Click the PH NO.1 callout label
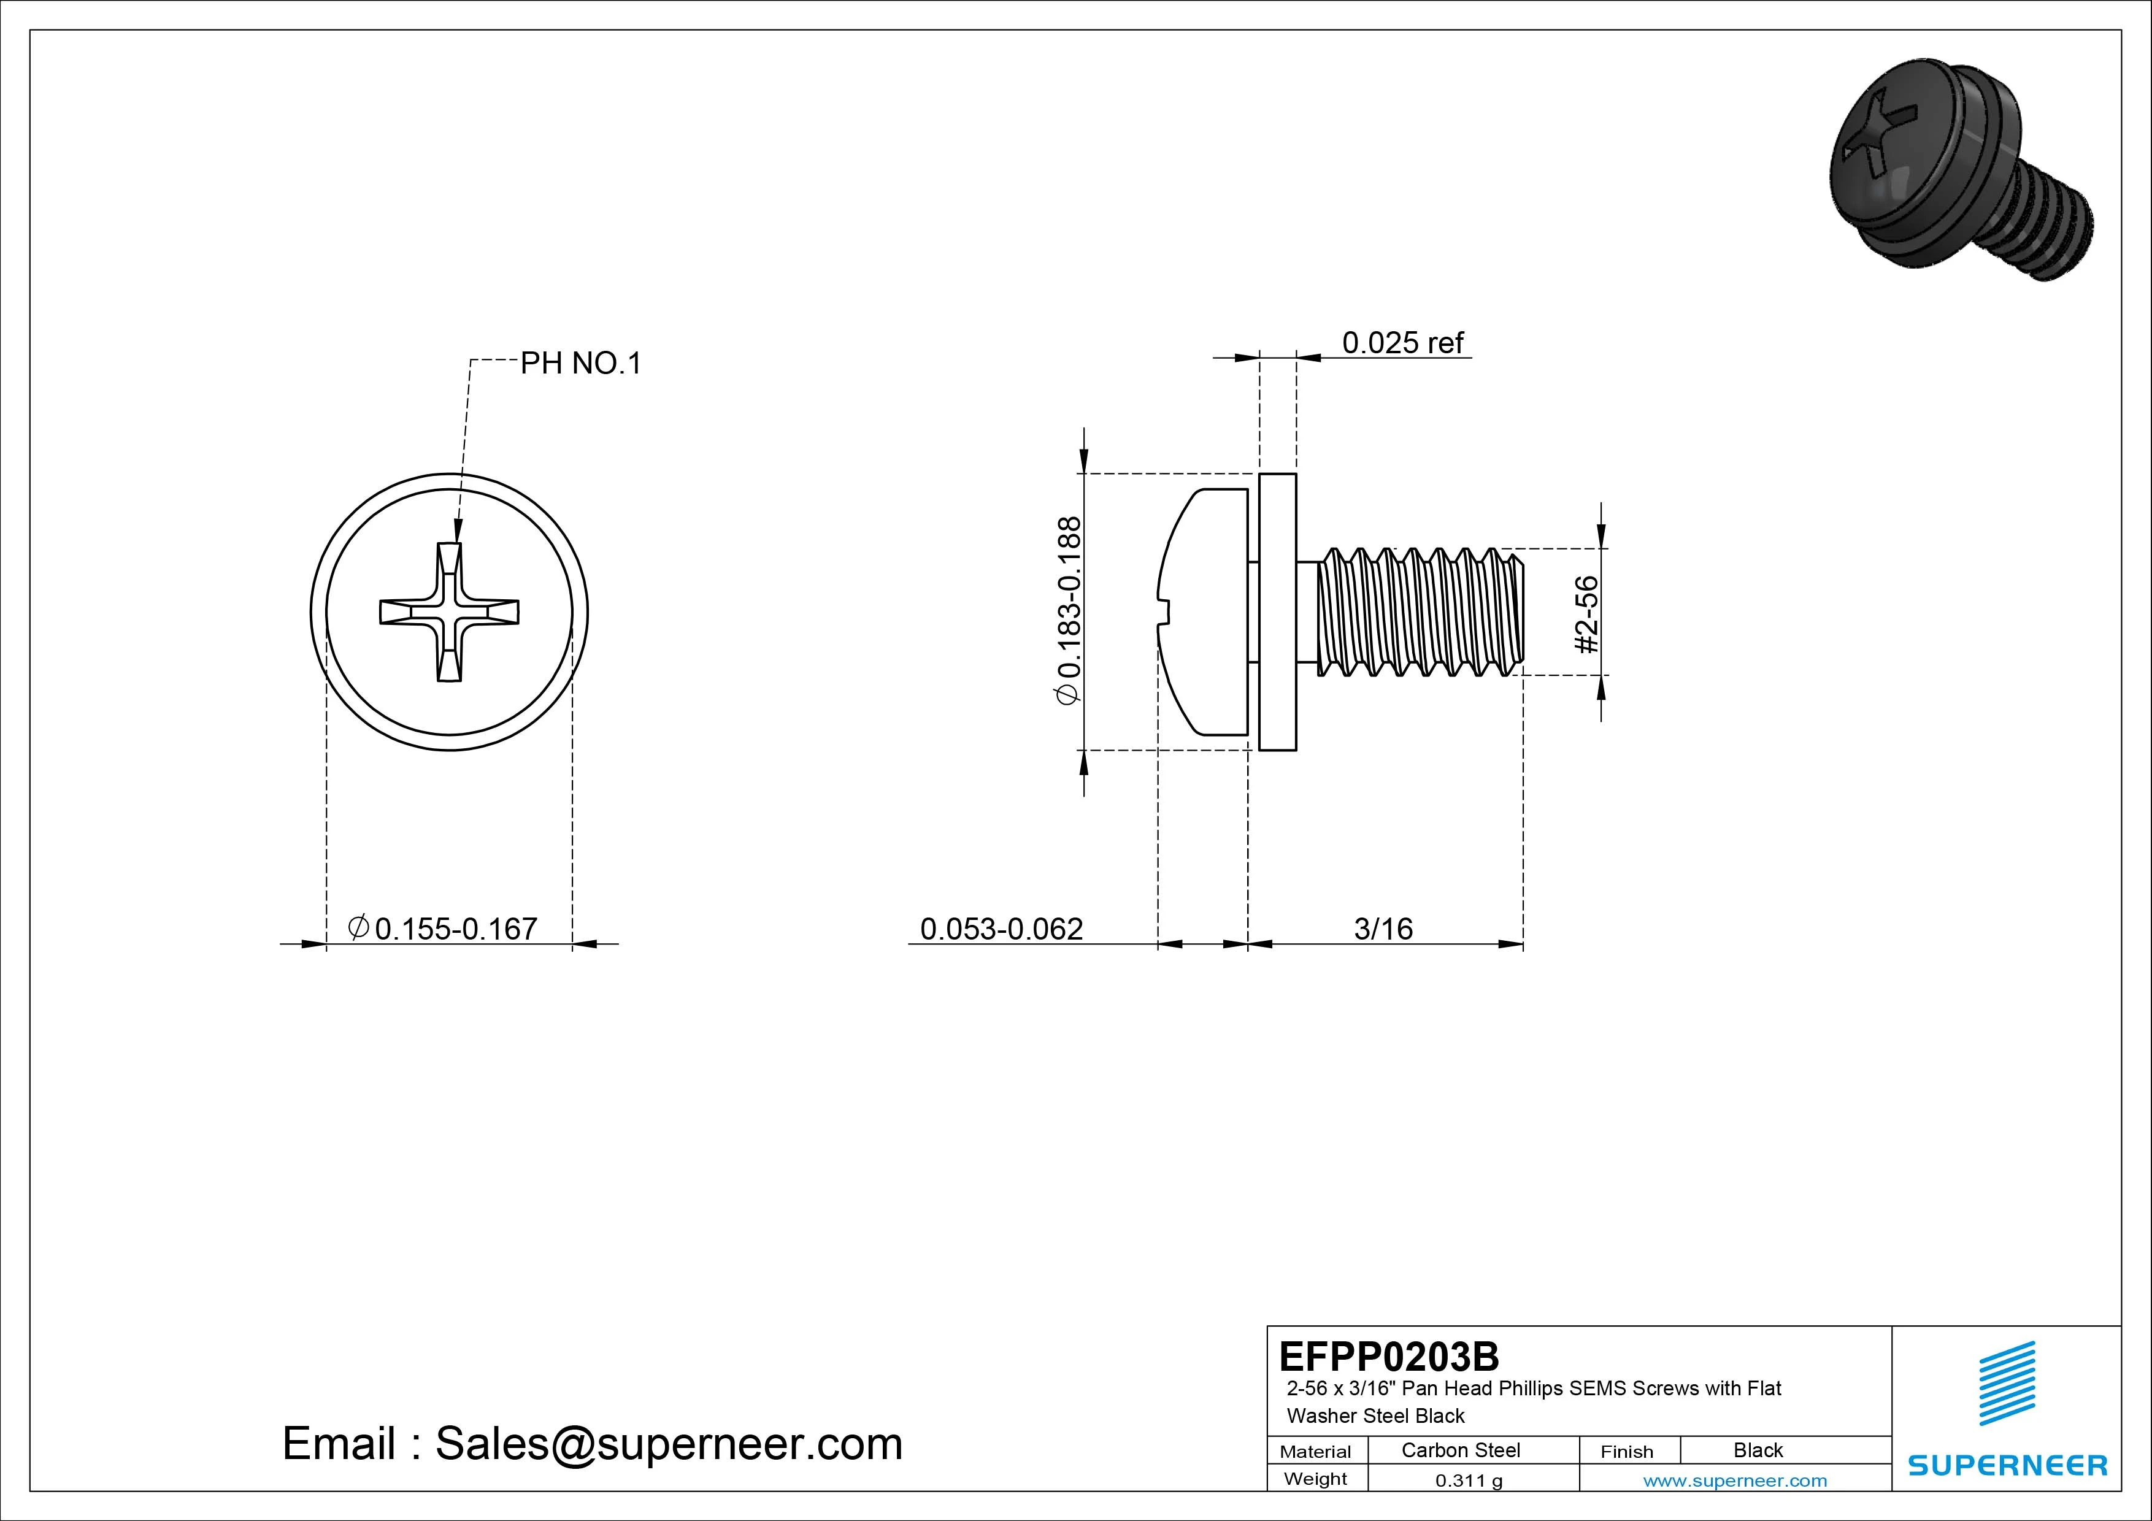coord(580,364)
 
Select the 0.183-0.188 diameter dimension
coord(1069,610)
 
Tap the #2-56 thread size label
coord(1586,614)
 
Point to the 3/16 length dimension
coord(1383,929)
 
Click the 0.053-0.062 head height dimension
coord(1001,929)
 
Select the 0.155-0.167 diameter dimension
coord(456,929)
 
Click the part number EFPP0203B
coord(1388,1356)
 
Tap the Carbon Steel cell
coord(1459,1450)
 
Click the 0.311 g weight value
coord(1468,1481)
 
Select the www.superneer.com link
coord(1734,1481)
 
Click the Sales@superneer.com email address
coord(667,1443)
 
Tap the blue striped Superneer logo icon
coord(2006,1383)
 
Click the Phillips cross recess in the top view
coord(449,611)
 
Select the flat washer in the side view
coord(1277,612)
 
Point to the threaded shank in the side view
coord(1420,612)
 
